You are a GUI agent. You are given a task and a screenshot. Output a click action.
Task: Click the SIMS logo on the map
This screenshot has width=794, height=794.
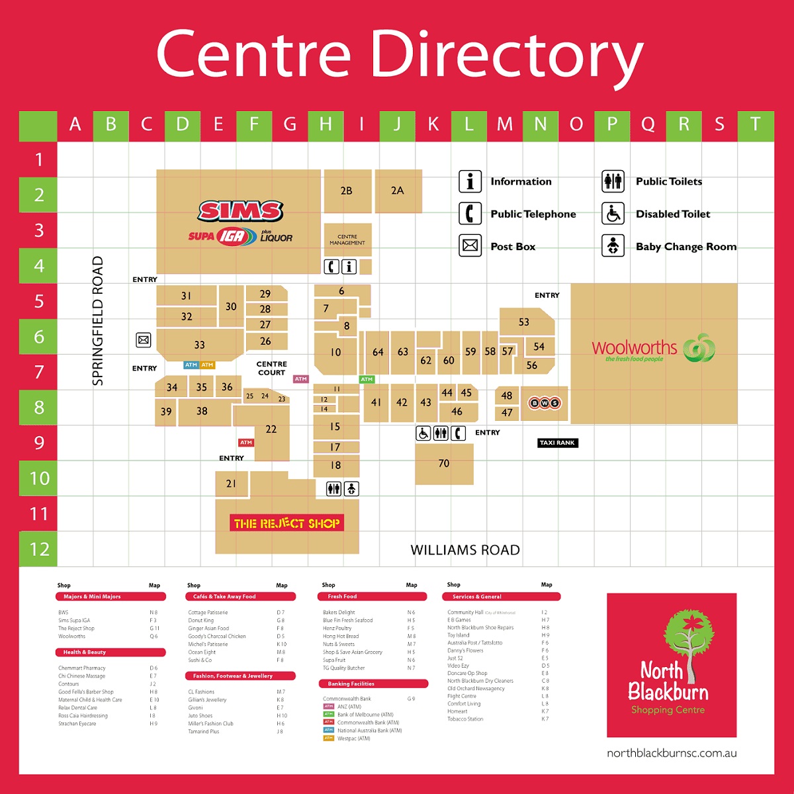click(241, 212)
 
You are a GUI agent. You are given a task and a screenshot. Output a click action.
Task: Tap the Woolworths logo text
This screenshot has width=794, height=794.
click(634, 347)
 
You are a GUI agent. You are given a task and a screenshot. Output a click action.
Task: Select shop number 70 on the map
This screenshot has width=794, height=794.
click(444, 463)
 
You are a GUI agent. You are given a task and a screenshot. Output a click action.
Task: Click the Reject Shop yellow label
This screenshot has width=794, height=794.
click(287, 523)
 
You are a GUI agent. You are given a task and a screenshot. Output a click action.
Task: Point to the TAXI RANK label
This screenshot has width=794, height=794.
click(557, 443)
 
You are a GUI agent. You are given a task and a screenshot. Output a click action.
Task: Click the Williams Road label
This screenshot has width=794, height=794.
click(465, 550)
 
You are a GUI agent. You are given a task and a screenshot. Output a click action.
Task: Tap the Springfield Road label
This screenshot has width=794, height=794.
click(98, 321)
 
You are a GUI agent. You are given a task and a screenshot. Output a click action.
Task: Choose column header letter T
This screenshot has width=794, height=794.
click(755, 124)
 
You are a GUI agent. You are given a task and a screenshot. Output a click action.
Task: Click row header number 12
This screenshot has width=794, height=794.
click(39, 549)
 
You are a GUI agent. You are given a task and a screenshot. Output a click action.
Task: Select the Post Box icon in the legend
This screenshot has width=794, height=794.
click(470, 245)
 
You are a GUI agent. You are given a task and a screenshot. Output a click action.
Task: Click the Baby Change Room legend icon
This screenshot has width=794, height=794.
click(613, 245)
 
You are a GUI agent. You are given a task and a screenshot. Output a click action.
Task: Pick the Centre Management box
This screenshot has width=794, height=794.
click(347, 240)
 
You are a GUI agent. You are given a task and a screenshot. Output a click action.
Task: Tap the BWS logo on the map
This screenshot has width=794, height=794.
click(544, 403)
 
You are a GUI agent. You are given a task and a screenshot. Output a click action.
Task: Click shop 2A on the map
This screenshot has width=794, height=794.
click(397, 191)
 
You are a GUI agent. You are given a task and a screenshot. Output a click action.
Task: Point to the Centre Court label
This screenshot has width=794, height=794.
click(271, 369)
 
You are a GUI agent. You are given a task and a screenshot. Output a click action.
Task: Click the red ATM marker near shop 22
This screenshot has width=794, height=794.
click(246, 443)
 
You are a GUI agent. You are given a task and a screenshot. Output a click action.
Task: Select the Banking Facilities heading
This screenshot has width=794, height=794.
click(351, 684)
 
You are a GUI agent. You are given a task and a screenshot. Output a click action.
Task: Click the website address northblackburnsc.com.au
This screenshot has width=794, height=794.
click(672, 753)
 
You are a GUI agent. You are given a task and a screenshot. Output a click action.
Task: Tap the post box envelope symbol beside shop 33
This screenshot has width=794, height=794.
click(144, 340)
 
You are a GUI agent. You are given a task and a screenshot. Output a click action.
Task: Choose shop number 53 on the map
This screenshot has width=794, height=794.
click(524, 322)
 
